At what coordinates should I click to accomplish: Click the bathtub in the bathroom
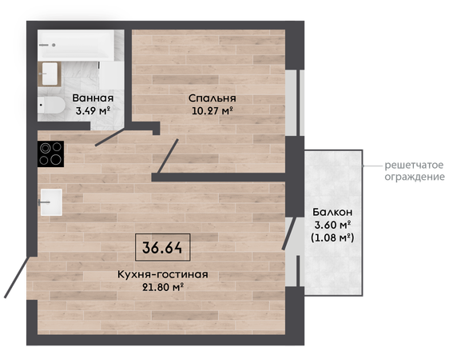[76, 46]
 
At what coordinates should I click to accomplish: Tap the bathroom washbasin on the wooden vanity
[50, 74]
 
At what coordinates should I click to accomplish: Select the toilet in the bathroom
[51, 106]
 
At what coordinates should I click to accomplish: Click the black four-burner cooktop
[50, 154]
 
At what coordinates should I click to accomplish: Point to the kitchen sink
[51, 202]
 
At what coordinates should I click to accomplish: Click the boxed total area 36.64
[162, 248]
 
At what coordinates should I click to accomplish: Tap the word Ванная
[93, 98]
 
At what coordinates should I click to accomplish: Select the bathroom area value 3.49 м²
[93, 110]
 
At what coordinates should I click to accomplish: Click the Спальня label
[213, 98]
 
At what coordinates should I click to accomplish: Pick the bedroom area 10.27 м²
[212, 110]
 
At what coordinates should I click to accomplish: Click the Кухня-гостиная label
[163, 274]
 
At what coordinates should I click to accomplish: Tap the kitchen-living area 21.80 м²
[163, 287]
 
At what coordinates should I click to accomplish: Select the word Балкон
[332, 212]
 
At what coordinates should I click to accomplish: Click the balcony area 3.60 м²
[332, 225]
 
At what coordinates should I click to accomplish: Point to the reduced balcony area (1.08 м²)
[332, 237]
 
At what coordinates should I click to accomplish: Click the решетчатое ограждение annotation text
[415, 171]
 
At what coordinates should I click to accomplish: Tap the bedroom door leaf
[168, 156]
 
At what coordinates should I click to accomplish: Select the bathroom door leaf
[110, 137]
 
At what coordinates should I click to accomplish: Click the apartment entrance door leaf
[18, 277]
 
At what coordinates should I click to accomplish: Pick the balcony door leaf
[289, 233]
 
